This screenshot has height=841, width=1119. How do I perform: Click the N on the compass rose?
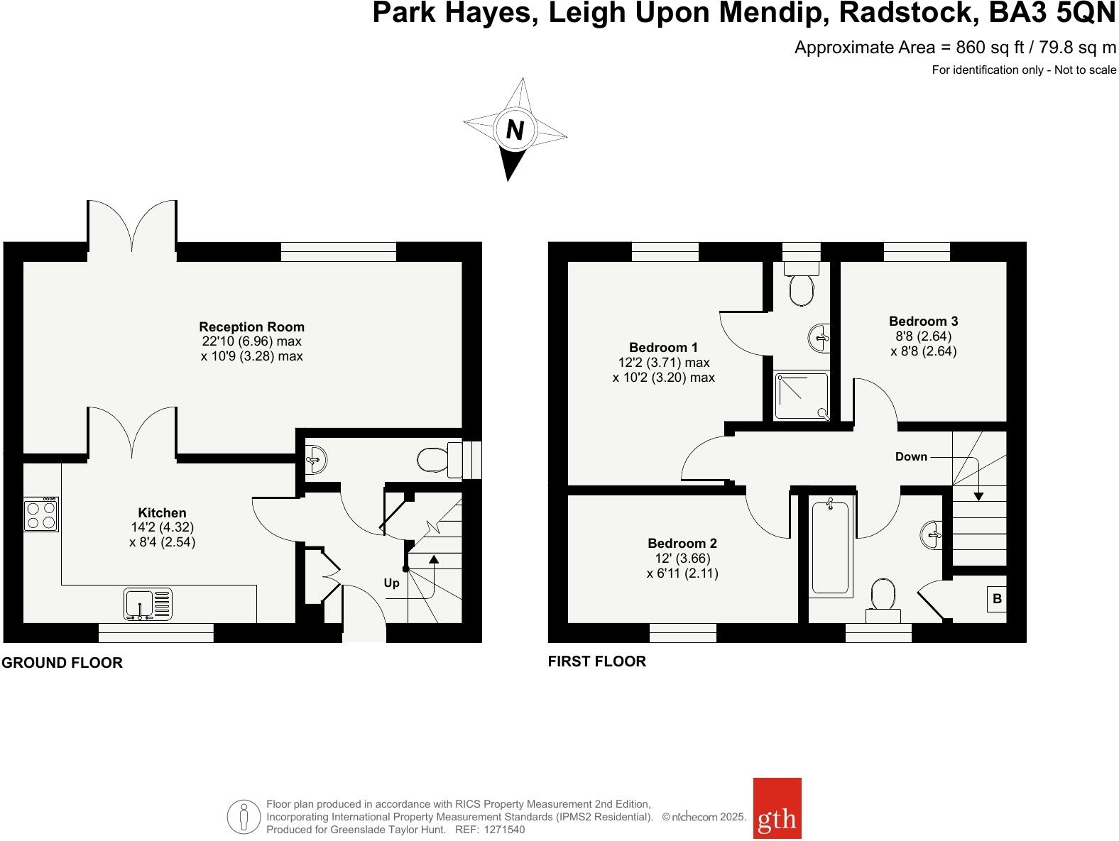click(515, 131)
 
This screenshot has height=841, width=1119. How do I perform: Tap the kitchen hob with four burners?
click(40, 515)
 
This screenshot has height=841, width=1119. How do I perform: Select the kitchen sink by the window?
click(148, 604)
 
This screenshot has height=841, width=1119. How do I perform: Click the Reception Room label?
click(251, 327)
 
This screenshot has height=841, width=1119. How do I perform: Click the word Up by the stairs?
click(391, 583)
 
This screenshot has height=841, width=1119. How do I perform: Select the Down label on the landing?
click(911, 456)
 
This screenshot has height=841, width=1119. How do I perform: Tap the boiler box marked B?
click(996, 599)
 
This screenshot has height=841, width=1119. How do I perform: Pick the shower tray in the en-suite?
click(801, 396)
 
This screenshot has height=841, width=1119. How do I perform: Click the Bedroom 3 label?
click(923, 321)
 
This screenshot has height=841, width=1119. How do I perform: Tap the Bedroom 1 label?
click(663, 347)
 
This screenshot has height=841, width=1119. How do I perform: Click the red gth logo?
click(777, 818)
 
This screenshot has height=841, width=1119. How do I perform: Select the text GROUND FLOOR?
click(62, 663)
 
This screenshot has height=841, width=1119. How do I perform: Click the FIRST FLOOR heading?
click(596, 661)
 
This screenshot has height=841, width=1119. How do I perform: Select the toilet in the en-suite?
click(802, 287)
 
